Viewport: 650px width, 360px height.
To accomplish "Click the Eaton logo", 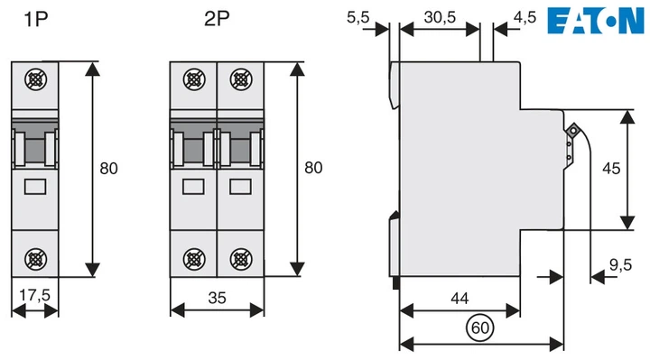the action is [x=596, y=21].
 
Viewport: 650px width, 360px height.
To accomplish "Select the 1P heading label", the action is [x=35, y=19].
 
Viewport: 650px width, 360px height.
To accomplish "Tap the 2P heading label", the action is [x=217, y=19].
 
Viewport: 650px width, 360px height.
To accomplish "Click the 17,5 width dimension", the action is [x=34, y=295].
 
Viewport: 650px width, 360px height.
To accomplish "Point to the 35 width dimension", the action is [x=217, y=298].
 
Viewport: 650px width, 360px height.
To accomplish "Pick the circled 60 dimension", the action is [x=480, y=328].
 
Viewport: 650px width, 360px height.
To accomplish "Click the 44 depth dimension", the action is [x=460, y=298].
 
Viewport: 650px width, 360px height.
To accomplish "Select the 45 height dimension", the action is [x=611, y=168].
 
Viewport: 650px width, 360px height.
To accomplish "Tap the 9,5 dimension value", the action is [x=620, y=264].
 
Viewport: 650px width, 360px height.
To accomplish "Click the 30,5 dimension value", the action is [x=440, y=17].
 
